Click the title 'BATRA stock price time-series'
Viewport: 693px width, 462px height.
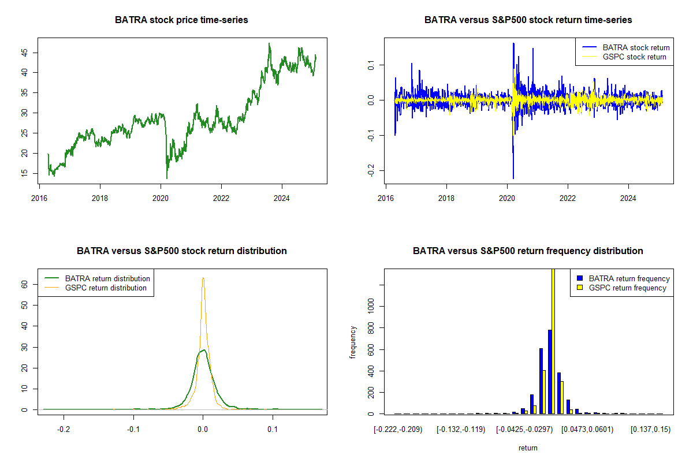[181, 20]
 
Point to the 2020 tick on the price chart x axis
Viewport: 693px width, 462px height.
[161, 188]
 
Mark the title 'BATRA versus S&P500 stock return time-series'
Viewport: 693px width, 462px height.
[528, 20]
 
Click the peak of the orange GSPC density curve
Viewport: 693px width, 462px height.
[203, 278]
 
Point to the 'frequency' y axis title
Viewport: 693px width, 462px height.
[353, 342]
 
